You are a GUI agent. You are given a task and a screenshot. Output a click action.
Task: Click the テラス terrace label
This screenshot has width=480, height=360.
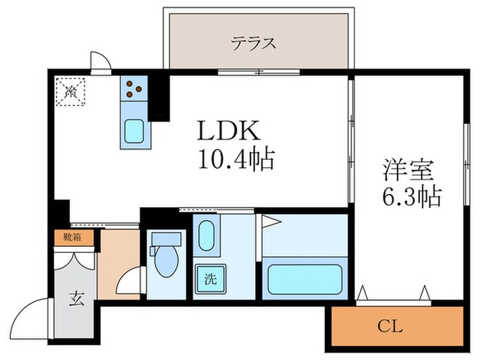click(253, 43)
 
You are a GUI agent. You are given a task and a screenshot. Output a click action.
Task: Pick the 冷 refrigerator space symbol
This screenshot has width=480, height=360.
click(72, 91)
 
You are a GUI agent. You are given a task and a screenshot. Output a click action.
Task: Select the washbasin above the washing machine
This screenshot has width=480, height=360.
click(207, 237)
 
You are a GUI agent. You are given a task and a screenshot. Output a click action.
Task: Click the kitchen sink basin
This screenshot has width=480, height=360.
click(134, 130)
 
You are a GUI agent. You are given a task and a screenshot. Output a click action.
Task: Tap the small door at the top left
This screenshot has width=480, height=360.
click(101, 61)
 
